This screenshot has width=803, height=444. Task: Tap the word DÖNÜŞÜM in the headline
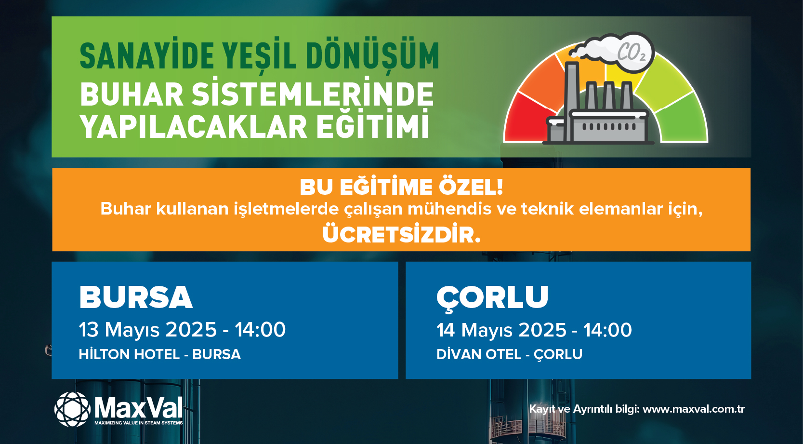(373, 56)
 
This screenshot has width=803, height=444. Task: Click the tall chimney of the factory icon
(572, 102)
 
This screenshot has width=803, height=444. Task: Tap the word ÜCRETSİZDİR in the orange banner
(402, 234)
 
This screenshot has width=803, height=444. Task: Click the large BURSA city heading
(136, 297)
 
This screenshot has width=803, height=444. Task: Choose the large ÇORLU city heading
(492, 298)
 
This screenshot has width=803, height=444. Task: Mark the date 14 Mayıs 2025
(501, 330)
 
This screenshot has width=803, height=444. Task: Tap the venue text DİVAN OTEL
(479, 354)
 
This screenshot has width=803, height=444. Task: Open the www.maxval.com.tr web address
(694, 409)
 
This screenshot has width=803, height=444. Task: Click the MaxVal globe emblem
(72, 409)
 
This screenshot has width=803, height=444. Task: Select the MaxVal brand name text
(139, 408)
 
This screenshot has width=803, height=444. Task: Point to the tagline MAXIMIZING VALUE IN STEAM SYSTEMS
(139, 423)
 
